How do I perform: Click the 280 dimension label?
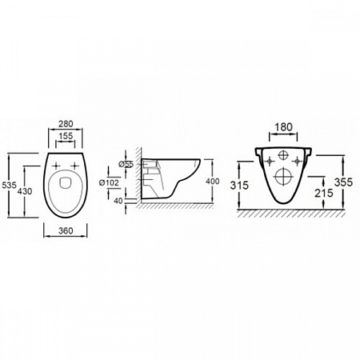point(66,124)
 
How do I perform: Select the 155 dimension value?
point(66,136)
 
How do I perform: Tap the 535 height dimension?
point(9,185)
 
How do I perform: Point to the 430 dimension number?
point(25,191)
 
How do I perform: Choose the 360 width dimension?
point(66,230)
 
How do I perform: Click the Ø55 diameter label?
point(126,164)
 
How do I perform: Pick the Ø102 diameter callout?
point(109,182)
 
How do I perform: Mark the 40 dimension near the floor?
point(118,201)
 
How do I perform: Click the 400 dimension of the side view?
point(213,182)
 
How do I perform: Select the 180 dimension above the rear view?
point(283,127)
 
